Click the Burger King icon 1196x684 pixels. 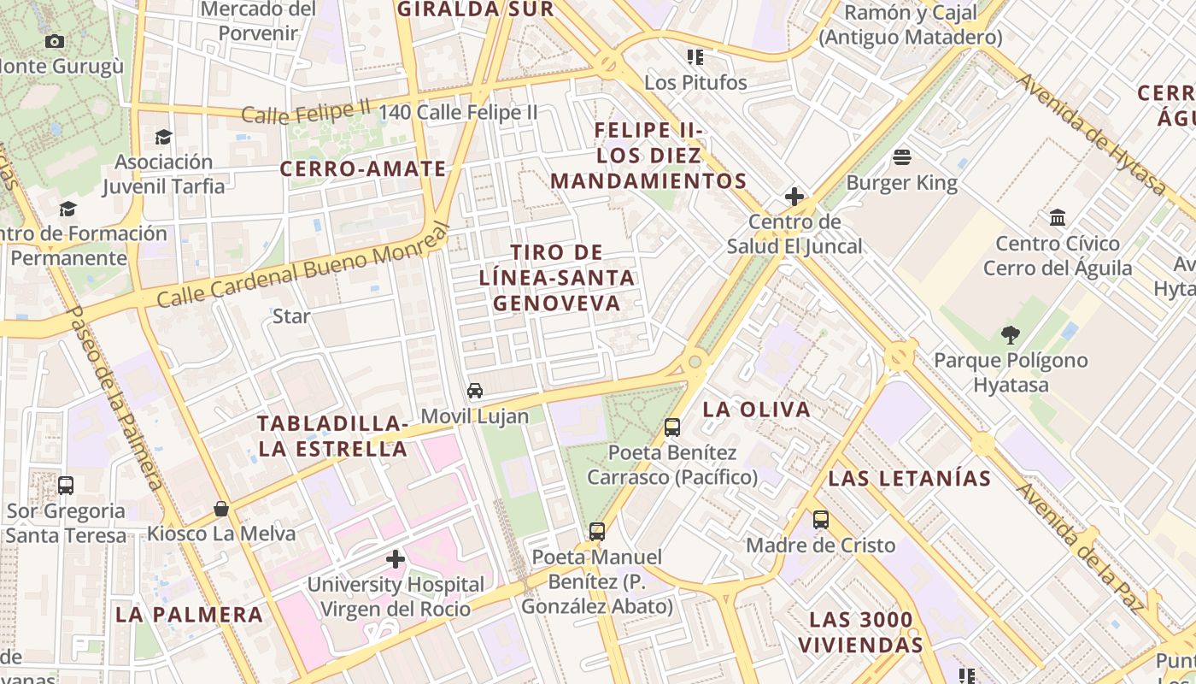tap(902, 157)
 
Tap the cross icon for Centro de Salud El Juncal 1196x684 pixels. tap(794, 198)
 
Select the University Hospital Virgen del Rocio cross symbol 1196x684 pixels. tap(396, 560)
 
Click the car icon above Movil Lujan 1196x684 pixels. tap(475, 391)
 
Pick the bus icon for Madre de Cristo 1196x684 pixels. tap(821, 519)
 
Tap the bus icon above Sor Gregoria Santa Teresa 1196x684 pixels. tap(66, 486)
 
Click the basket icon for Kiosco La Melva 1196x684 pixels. tap(221, 509)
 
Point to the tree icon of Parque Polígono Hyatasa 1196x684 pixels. tap(1011, 334)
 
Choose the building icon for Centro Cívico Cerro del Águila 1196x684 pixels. tap(1058, 218)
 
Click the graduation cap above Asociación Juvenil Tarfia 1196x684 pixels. tap(163, 137)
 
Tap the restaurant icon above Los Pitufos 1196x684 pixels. tap(695, 57)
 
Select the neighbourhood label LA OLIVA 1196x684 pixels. tap(756, 410)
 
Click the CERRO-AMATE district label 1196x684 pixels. tap(363, 169)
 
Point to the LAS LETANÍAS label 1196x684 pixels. tap(909, 479)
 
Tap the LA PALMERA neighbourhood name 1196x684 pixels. tap(189, 615)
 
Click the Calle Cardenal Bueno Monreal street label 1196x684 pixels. tap(302, 267)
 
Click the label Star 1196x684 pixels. tap(291, 316)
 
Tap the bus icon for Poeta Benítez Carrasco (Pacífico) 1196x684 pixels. tap(672, 427)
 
